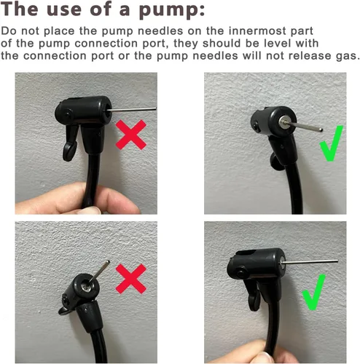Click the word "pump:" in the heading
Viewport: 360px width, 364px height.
(x=172, y=10)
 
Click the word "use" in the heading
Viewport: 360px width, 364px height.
(x=63, y=9)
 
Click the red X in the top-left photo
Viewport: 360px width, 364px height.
(x=130, y=135)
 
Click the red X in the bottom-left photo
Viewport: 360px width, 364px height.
(x=130, y=279)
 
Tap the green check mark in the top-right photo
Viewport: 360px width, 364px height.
(x=331, y=143)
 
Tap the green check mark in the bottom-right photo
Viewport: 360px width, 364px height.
(x=313, y=292)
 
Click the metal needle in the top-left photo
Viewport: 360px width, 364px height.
(x=131, y=109)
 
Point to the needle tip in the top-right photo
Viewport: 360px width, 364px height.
(x=321, y=130)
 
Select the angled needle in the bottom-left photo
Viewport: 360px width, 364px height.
(x=99, y=271)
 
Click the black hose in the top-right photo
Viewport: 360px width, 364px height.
(x=294, y=189)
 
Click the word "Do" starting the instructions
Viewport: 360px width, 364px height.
(x=9, y=31)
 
